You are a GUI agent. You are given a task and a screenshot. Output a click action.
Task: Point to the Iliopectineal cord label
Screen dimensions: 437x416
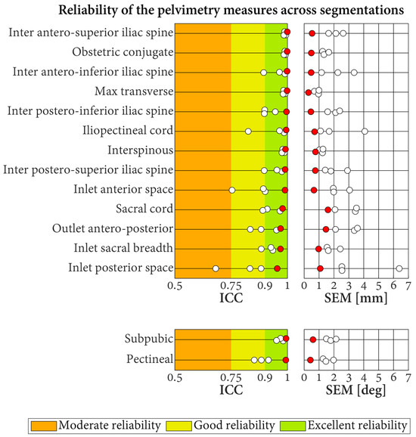(127, 131)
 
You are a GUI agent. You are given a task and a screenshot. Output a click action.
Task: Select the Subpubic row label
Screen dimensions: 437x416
(147, 339)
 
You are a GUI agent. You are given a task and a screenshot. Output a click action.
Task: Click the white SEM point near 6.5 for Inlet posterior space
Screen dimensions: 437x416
(399, 268)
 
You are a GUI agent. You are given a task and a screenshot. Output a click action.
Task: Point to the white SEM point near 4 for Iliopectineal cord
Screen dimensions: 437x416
(365, 131)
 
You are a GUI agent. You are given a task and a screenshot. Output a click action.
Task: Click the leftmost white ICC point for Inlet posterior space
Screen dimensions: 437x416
(216, 268)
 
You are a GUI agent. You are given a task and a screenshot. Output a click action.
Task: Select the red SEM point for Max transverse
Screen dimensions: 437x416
(308, 92)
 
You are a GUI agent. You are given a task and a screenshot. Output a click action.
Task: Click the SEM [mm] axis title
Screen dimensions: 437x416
(355, 298)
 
